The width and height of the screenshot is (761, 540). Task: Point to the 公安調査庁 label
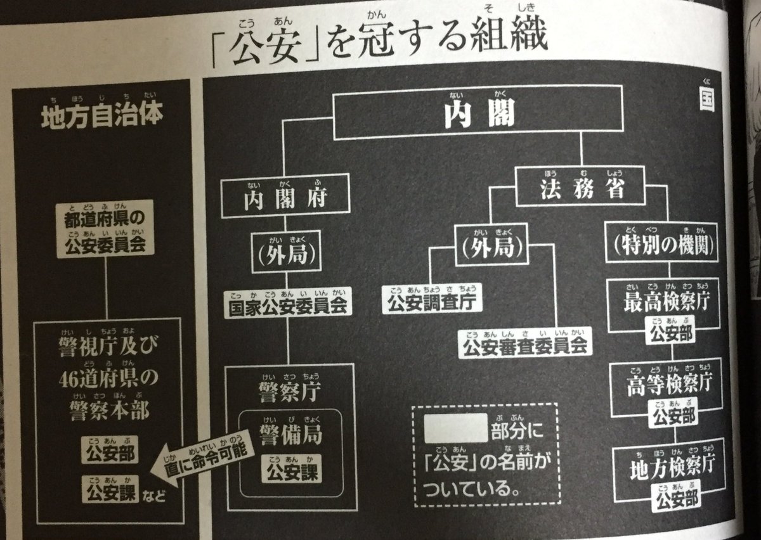pyautogui.click(x=432, y=301)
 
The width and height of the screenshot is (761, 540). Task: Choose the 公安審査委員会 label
pyautogui.click(x=526, y=345)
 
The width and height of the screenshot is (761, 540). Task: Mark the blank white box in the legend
pyautogui.click(x=455, y=428)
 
